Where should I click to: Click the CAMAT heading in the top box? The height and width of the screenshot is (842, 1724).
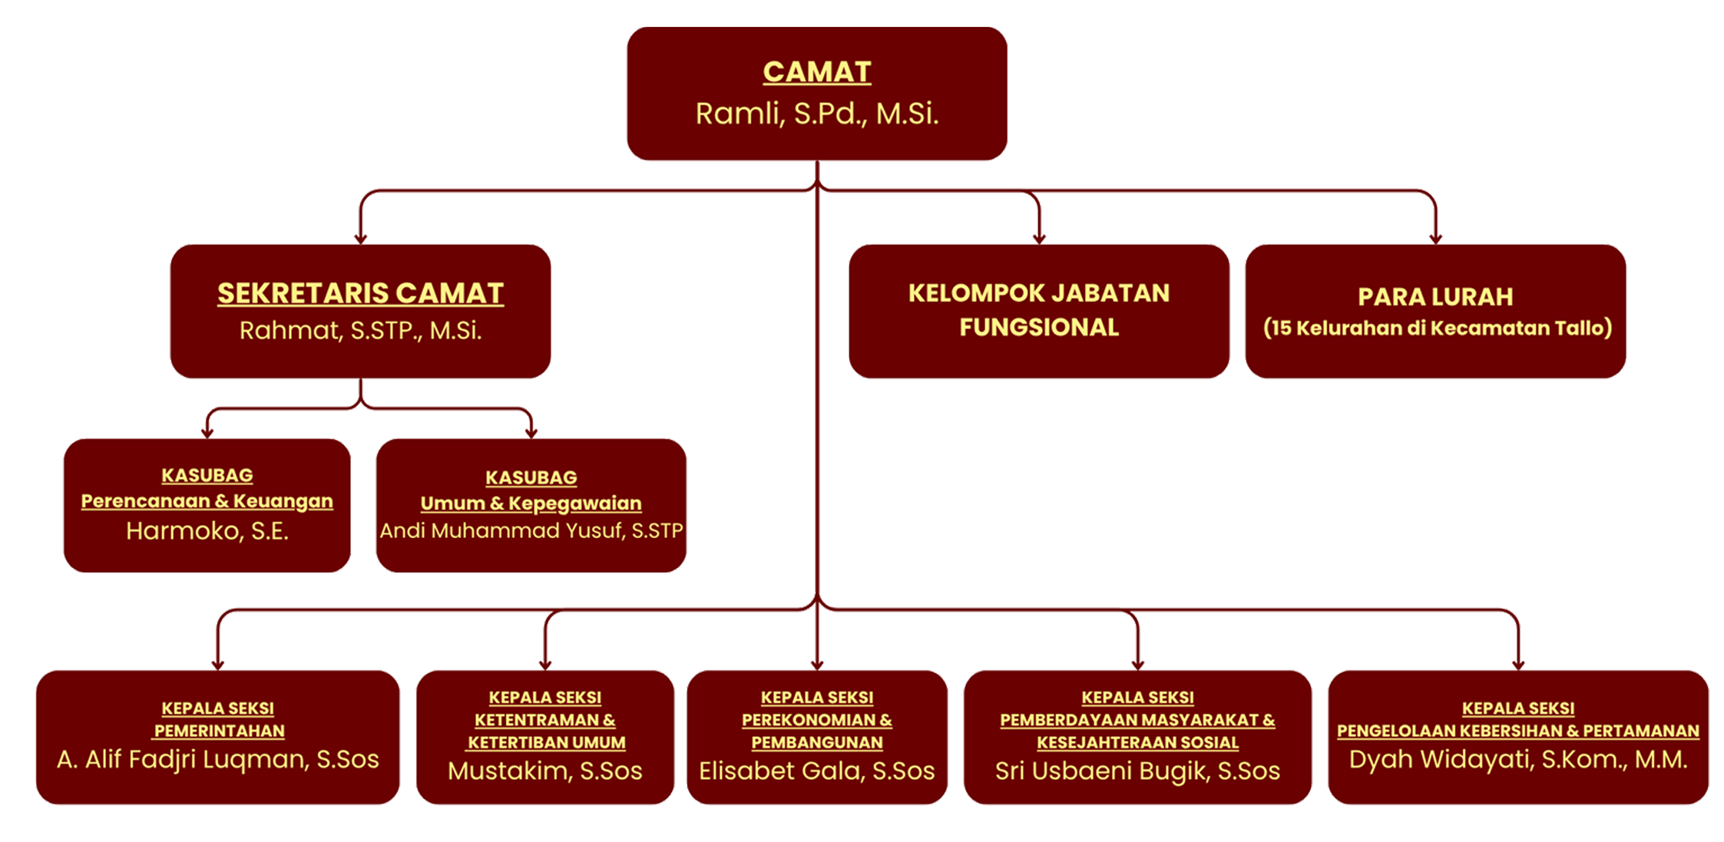tap(816, 72)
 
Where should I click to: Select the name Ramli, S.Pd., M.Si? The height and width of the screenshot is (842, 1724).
tap(816, 114)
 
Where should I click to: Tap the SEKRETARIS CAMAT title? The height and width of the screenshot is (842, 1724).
tap(360, 293)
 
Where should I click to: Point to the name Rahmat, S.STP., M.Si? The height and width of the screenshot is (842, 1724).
tap(360, 331)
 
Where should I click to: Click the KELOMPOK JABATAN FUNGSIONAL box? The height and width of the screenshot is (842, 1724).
tap(1038, 310)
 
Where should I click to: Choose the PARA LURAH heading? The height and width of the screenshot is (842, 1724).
tap(1434, 296)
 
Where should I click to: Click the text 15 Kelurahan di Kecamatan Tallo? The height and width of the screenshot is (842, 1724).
tap(1437, 329)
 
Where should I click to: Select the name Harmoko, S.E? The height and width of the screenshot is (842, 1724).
tap(207, 531)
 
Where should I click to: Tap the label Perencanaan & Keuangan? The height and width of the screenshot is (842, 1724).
tap(207, 501)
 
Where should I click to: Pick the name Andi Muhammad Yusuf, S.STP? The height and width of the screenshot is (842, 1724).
tap(531, 531)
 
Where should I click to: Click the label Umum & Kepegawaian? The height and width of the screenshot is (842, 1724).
tap(531, 504)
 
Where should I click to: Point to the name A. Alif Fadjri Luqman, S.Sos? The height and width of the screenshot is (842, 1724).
tap(218, 759)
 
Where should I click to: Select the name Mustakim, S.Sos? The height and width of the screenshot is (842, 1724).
tap(544, 771)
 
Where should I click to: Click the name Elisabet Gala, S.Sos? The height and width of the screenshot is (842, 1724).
tap(816, 771)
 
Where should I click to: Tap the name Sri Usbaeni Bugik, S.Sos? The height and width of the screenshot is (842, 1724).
tap(1137, 771)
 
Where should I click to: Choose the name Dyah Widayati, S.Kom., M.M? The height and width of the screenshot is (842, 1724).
tap(1518, 759)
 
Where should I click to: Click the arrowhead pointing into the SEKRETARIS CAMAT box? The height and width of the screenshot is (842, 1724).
tap(360, 238)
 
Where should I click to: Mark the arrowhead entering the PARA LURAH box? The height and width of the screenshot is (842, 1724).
tap(1434, 238)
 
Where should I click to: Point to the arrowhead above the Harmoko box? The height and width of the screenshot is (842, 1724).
tap(207, 433)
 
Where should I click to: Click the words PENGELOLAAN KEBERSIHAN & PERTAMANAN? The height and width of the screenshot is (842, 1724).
tap(1518, 731)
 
